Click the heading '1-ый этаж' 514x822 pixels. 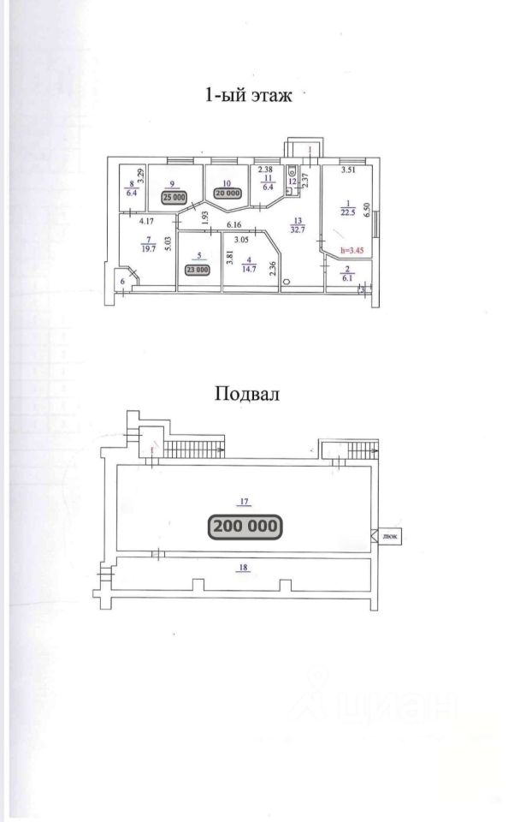click(248, 96)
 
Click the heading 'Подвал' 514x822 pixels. click(248, 395)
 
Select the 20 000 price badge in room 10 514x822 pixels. click(227, 194)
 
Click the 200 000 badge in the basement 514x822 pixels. click(245, 525)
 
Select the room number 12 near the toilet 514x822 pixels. click(292, 182)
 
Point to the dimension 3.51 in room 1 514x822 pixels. click(348, 171)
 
